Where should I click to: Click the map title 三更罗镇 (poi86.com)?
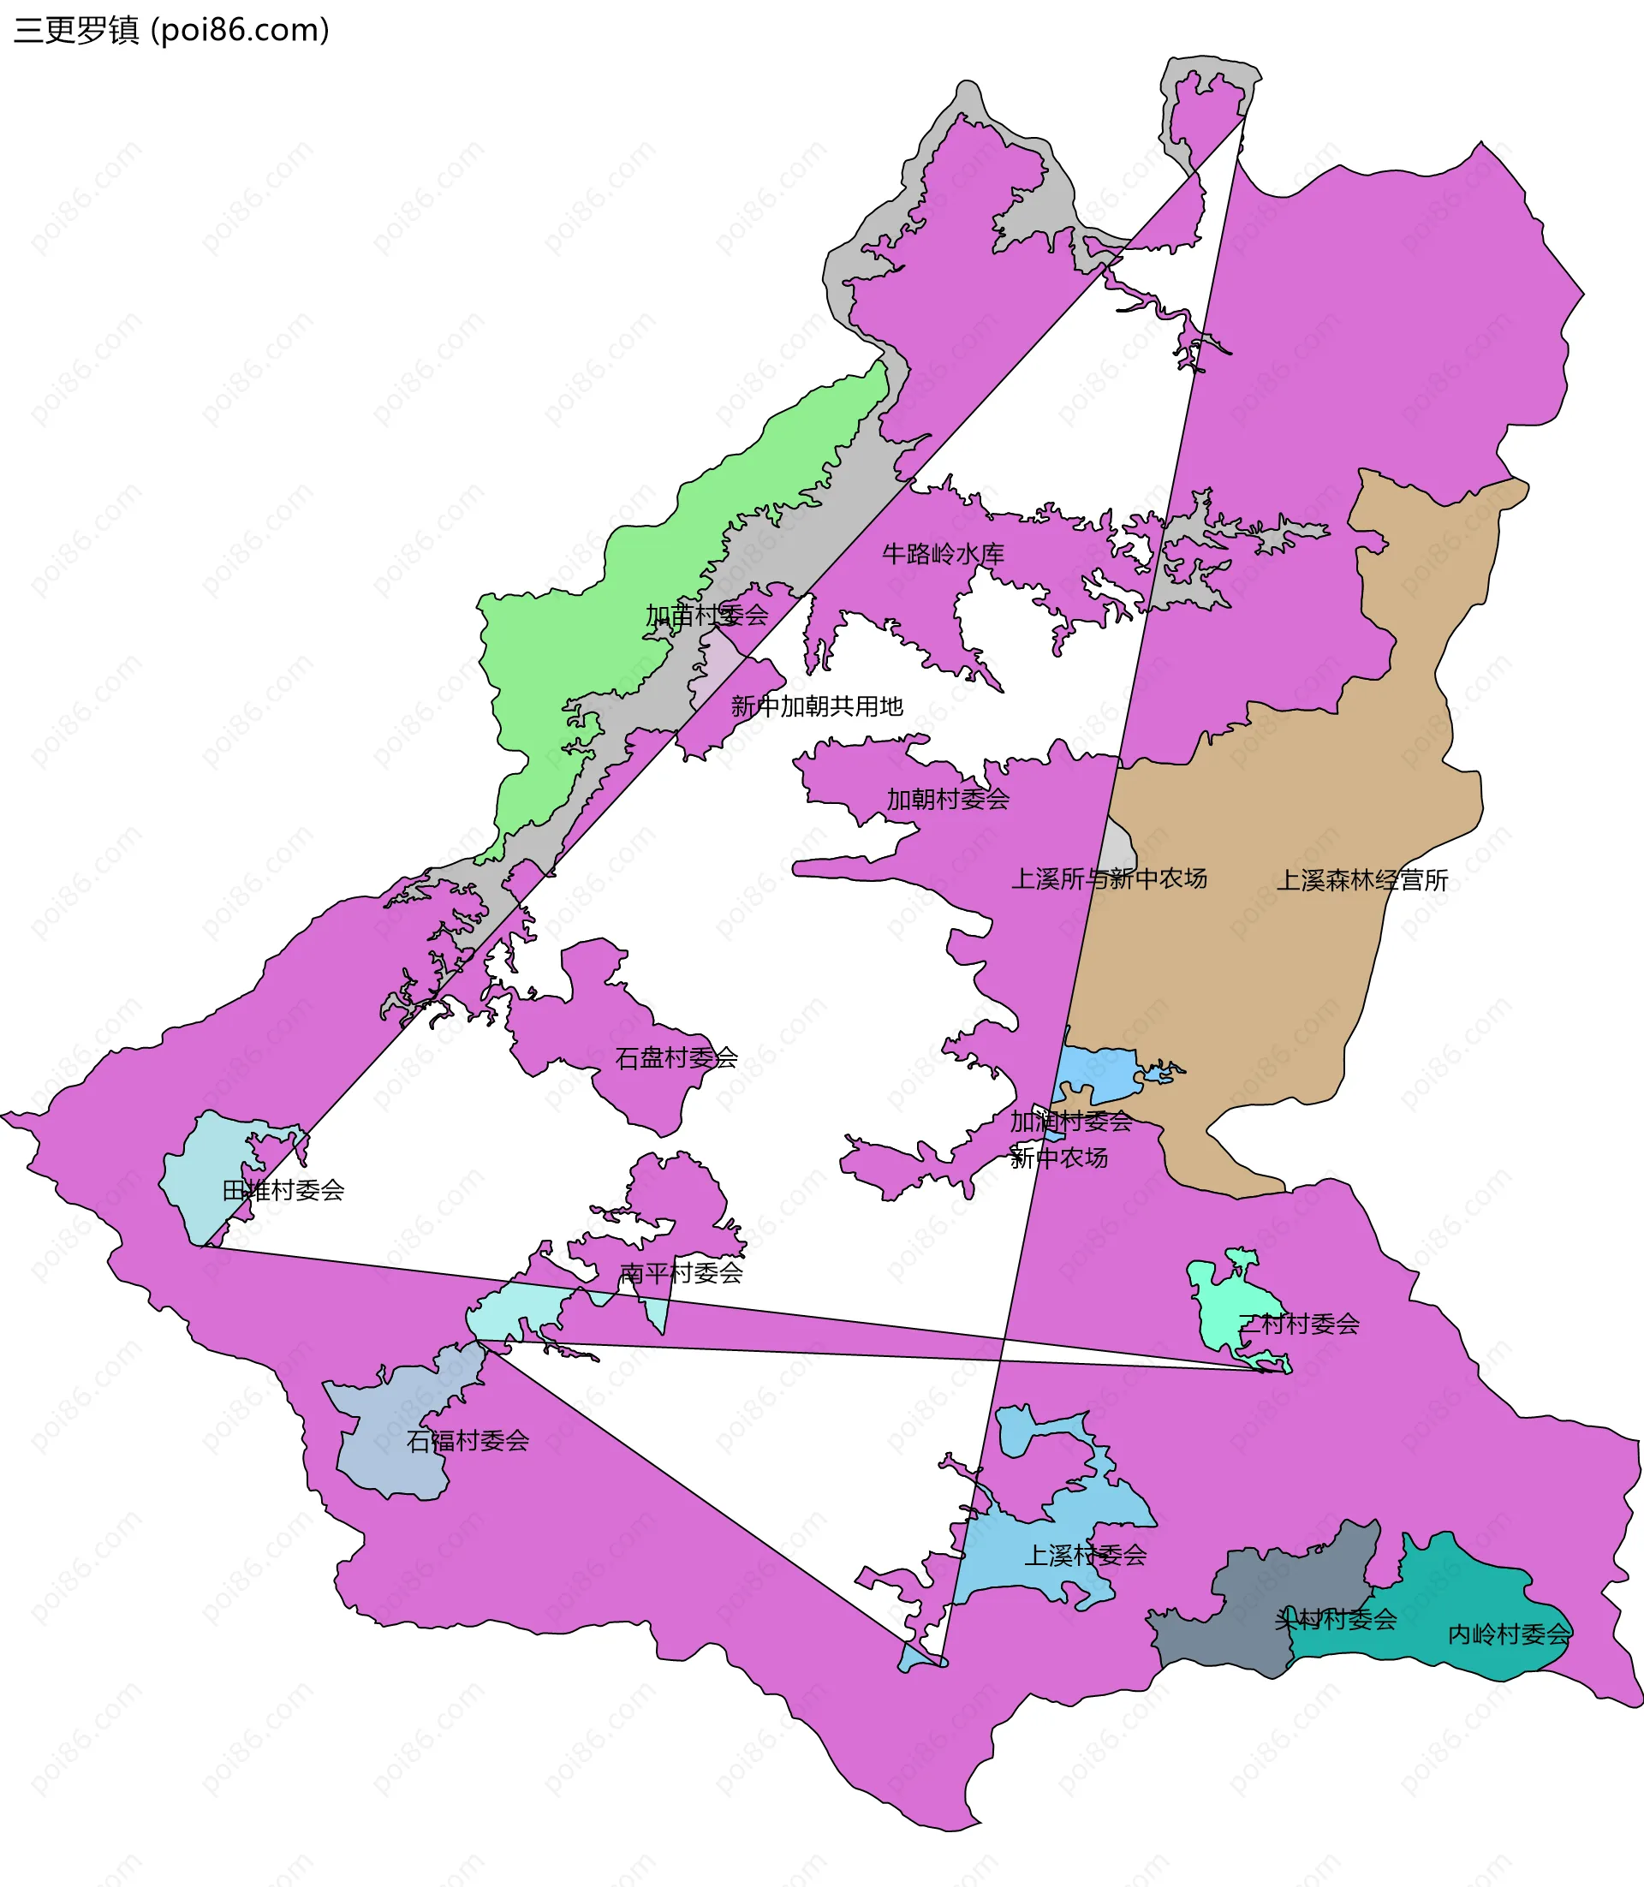(171, 30)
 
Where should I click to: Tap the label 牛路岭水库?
(943, 554)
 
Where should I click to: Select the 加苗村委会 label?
(706, 616)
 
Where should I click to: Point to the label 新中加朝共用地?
(817, 706)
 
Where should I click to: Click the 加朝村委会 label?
(948, 799)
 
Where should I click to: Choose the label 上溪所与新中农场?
(1108, 878)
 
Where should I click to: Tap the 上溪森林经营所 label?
(1362, 881)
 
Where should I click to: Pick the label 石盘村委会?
(676, 1057)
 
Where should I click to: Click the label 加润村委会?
(1070, 1121)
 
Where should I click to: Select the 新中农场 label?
(1058, 1158)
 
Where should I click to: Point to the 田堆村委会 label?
(283, 1191)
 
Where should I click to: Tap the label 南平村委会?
(681, 1272)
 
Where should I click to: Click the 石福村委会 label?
(468, 1440)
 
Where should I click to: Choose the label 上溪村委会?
(1086, 1555)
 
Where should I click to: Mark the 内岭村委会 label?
(1508, 1634)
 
